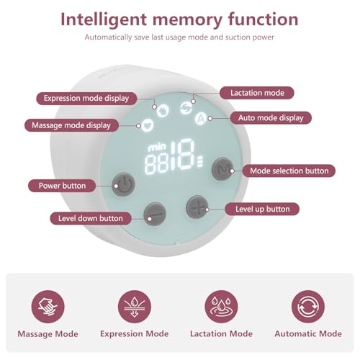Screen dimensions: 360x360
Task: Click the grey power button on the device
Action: click(123, 184)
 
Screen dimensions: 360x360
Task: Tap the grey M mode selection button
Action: click(223, 169)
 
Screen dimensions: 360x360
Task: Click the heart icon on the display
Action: click(148, 125)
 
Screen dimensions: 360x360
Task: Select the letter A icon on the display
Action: click(201, 118)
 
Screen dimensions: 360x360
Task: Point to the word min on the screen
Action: click(157, 147)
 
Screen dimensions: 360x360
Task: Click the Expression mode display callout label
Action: click(86, 99)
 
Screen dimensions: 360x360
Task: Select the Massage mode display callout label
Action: click(71, 125)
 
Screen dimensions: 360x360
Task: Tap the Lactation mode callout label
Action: click(257, 93)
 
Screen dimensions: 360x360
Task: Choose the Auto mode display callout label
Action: click(271, 118)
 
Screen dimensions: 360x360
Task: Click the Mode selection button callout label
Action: click(289, 171)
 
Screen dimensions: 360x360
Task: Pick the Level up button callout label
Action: click(262, 209)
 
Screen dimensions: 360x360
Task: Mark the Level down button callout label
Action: click(91, 218)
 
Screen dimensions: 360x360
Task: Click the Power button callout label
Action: click(62, 186)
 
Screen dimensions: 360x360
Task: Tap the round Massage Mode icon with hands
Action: click(48, 307)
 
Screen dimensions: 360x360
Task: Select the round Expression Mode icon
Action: click(135, 307)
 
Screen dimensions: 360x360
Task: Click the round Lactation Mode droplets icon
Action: click(221, 307)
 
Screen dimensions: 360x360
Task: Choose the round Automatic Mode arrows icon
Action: click(308, 307)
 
